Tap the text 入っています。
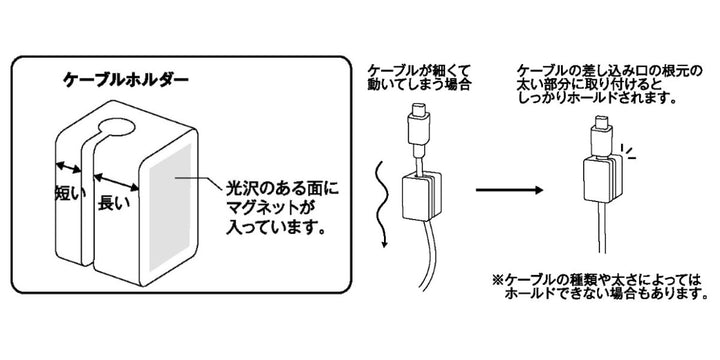point(270,228)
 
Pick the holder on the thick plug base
point(599,175)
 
